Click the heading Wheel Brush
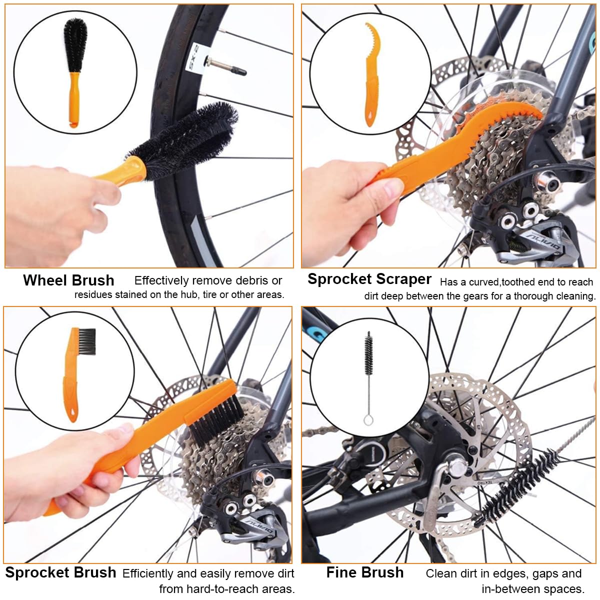coord(68,280)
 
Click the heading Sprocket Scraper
coord(369,279)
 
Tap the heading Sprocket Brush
coord(60,572)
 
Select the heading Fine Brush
coord(364,572)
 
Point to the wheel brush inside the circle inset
coord(75,70)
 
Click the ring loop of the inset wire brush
coord(368,420)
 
